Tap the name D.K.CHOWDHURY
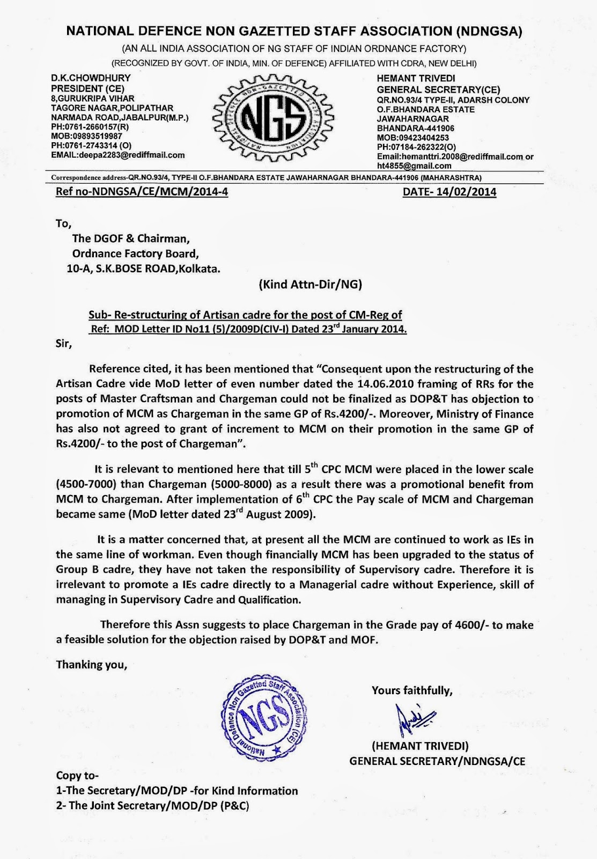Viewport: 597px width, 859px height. point(91,78)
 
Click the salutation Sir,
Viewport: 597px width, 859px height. point(63,344)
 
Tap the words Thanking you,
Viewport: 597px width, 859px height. point(92,665)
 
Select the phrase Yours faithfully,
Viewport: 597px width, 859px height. point(412,690)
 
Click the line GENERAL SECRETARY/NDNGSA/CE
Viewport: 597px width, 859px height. point(437,761)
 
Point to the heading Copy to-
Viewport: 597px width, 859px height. point(78,776)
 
